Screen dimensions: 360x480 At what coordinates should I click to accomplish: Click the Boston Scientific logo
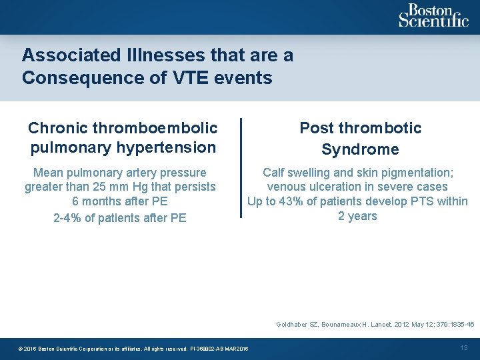[433, 16]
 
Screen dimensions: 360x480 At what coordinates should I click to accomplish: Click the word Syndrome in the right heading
[360, 149]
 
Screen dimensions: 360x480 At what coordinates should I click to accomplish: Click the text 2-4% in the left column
[69, 218]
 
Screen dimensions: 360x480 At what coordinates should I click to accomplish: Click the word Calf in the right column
[274, 172]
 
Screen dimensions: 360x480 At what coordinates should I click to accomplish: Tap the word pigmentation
[414, 172]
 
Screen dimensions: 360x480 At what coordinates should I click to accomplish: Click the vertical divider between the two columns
[241, 167]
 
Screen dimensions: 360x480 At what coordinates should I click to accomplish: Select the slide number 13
[465, 347]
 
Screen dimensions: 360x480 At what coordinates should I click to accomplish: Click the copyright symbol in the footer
[21, 349]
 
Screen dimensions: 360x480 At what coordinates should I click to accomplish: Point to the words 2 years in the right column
[357, 216]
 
